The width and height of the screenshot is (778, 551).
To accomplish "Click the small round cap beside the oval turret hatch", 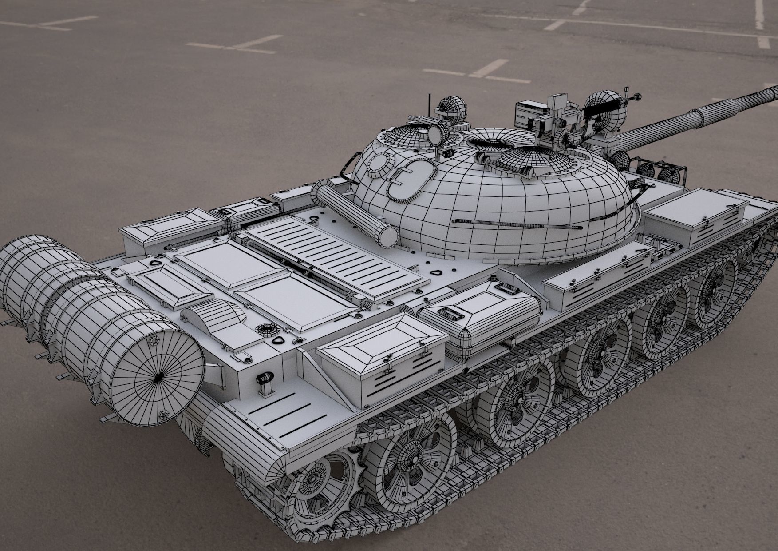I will click(377, 164).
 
